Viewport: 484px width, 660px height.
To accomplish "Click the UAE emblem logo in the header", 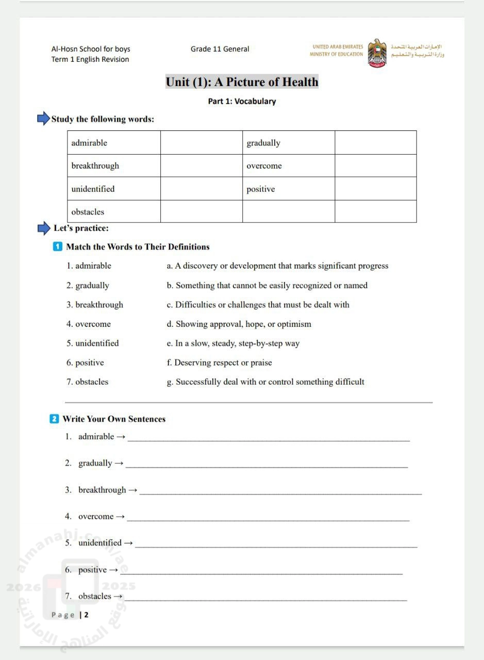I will click(377, 53).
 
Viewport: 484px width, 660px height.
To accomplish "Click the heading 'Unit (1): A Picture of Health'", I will click(242, 82).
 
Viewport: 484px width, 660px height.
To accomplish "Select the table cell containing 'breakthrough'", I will click(114, 166).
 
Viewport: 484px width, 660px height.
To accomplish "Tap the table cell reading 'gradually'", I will click(288, 143).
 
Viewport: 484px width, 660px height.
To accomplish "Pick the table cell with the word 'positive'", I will click(288, 189).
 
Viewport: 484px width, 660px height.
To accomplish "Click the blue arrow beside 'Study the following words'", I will click(43, 119).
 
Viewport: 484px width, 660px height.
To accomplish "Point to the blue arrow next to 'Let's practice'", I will click(44, 228).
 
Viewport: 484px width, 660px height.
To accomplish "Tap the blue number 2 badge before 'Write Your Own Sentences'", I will click(54, 419).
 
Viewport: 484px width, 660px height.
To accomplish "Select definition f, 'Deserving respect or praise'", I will click(220, 362).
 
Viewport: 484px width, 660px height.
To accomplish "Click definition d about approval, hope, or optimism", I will click(239, 324).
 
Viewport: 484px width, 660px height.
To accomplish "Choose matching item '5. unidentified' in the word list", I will click(93, 343).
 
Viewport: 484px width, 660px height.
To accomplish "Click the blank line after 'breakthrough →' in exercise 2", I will click(280, 492).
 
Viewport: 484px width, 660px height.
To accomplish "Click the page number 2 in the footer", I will click(87, 615).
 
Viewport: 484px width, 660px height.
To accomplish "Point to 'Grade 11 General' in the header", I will click(220, 49).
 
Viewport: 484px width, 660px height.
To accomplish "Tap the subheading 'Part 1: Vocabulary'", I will click(242, 101).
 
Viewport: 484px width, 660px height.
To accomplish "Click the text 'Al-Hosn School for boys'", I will click(91, 49).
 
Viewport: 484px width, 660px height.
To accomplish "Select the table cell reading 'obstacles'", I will click(114, 211).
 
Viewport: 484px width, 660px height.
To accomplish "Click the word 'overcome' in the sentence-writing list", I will click(96, 516).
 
